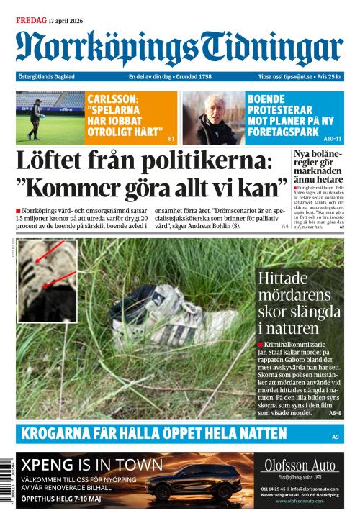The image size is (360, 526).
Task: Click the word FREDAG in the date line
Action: [30, 20]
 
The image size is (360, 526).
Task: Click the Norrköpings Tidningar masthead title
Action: [179, 48]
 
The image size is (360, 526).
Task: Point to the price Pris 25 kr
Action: [330, 77]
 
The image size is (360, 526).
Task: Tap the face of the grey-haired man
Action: [216, 109]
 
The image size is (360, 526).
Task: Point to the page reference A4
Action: [285, 227]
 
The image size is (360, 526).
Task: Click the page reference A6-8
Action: [335, 413]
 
